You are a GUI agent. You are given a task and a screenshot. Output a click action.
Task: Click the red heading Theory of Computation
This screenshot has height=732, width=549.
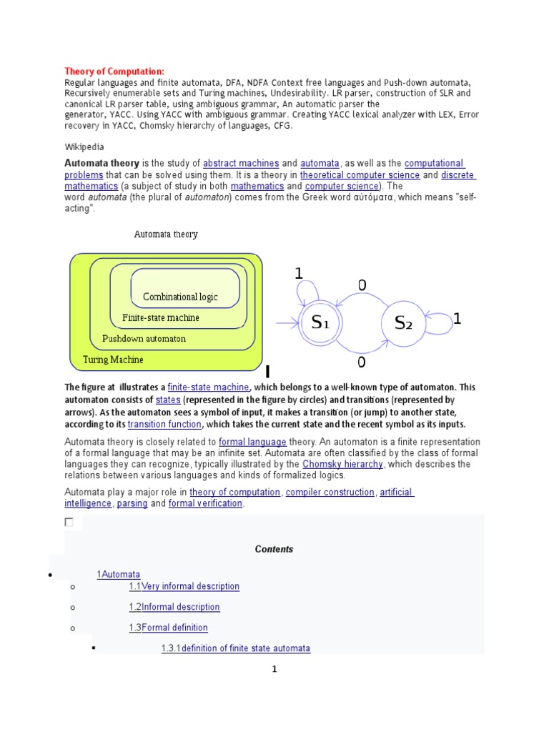[114, 71]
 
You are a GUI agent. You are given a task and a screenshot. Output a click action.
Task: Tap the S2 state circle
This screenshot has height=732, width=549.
[404, 323]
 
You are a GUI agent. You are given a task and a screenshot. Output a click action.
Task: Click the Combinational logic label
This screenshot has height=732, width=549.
[180, 297]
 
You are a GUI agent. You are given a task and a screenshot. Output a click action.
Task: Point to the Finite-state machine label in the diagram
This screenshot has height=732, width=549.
[161, 317]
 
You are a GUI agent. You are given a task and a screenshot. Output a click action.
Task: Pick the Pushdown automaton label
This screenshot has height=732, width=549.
[144, 338]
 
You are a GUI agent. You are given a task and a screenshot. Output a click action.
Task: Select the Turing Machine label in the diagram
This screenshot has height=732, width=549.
[113, 360]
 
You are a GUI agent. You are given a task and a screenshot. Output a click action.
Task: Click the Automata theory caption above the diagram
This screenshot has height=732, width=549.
[166, 234]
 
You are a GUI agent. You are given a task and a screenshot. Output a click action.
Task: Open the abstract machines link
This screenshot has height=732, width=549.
[240, 164]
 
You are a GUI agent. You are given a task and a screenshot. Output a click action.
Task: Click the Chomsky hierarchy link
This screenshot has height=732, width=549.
[342, 464]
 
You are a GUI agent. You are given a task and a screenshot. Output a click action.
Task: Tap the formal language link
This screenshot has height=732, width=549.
[252, 442]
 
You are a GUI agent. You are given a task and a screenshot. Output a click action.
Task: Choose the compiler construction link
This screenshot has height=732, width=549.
[330, 493]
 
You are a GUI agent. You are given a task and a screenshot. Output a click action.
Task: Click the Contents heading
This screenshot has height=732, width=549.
[274, 549]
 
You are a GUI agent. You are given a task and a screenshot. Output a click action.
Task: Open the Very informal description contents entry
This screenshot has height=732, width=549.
[190, 586]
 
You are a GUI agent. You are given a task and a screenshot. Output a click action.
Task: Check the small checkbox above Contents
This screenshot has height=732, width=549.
[69, 523]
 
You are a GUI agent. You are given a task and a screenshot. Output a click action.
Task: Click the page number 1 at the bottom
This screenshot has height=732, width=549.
[274, 670]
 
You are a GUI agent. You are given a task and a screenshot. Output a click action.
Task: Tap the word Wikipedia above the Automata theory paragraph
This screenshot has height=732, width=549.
[84, 147]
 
